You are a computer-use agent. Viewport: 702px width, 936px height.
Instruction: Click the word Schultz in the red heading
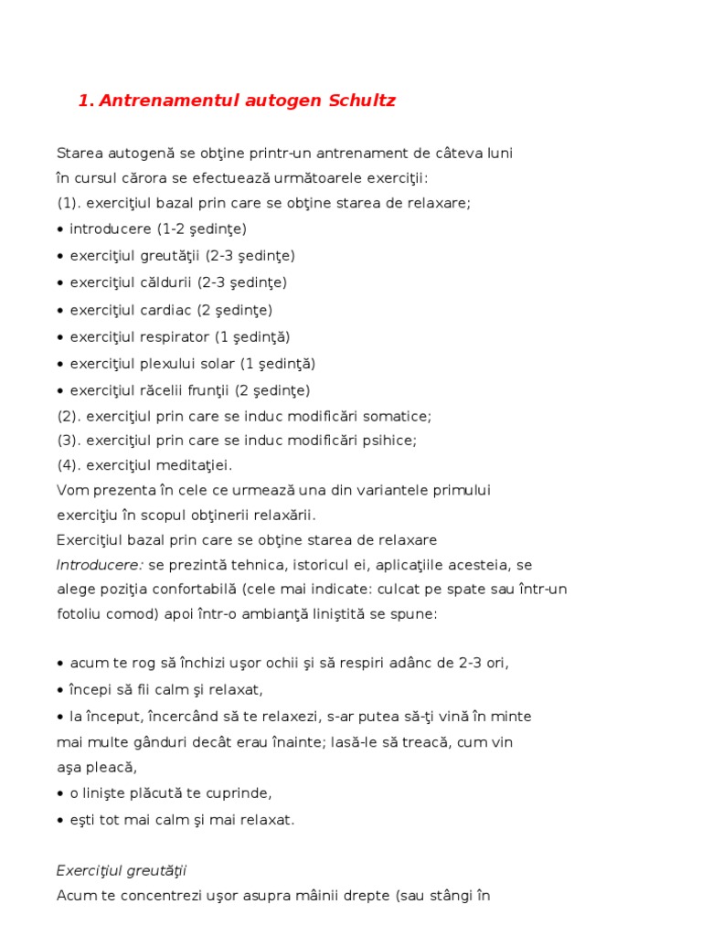(362, 101)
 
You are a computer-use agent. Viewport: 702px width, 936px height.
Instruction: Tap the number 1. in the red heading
(86, 101)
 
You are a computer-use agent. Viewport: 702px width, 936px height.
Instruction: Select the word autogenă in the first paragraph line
(133, 152)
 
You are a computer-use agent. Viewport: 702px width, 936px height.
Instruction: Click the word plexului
(168, 364)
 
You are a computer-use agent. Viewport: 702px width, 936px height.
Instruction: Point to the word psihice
(390, 441)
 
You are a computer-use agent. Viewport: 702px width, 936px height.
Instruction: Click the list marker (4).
(68, 465)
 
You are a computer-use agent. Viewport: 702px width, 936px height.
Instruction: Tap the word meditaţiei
(194, 465)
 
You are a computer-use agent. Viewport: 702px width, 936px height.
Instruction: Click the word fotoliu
(80, 614)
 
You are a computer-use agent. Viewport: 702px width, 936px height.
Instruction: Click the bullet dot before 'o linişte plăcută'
(60, 793)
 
